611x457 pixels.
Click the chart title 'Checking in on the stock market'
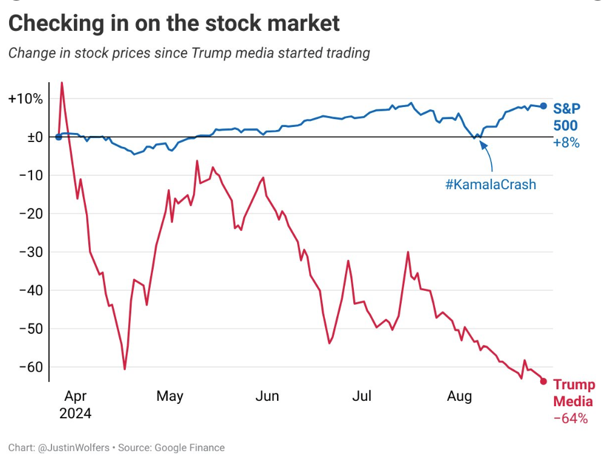tap(174, 24)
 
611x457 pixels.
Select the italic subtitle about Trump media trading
tap(189, 53)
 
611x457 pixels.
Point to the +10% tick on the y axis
tap(26, 99)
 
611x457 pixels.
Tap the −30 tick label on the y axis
tap(31, 252)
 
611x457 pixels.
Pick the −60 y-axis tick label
tap(31, 367)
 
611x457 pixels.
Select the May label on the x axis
tap(169, 397)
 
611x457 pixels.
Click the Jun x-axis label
tap(267, 397)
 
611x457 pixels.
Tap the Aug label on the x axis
tap(459, 397)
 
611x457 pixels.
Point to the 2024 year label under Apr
tap(76, 414)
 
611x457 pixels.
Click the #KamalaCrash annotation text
tap(491, 185)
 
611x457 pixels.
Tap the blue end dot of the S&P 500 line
tap(543, 106)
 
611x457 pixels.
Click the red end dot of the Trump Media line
tap(543, 381)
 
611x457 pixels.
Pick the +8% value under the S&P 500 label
tap(566, 143)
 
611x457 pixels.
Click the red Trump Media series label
tap(573, 393)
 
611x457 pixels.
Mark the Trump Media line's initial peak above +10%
tap(62, 83)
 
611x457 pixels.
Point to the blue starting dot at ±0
tap(58, 137)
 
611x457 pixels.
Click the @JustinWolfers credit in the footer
tap(73, 448)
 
